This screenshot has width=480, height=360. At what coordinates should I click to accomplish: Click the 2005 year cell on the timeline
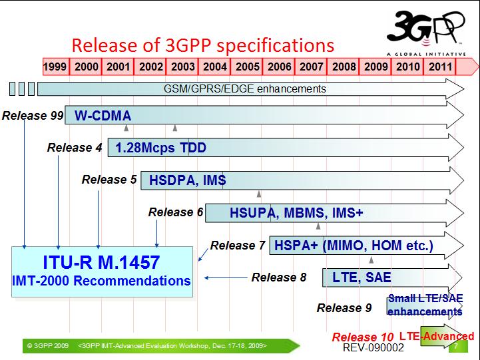pyautogui.click(x=247, y=67)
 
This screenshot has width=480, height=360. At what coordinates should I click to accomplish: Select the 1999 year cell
pyautogui.click(x=56, y=67)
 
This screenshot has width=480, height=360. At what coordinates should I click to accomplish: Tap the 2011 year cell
pyautogui.click(x=439, y=67)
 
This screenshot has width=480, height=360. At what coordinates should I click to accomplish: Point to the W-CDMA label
pyautogui.click(x=103, y=116)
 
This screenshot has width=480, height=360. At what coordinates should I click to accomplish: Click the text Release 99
pyautogui.click(x=33, y=116)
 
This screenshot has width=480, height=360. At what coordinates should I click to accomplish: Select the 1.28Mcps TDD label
pyautogui.click(x=160, y=148)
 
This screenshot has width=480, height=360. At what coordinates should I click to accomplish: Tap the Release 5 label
pyautogui.click(x=109, y=180)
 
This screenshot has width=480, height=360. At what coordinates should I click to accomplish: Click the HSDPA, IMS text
pyautogui.click(x=187, y=180)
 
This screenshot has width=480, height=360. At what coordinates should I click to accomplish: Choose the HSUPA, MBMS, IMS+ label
pyautogui.click(x=296, y=212)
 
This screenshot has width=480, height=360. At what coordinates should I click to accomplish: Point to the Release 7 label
pyautogui.click(x=238, y=246)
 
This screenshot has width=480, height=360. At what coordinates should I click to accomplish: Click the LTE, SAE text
pyautogui.click(x=361, y=277)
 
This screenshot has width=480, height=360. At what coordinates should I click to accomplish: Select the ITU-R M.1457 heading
pyautogui.click(x=101, y=262)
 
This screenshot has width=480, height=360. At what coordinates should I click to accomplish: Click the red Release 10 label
pyautogui.click(x=362, y=337)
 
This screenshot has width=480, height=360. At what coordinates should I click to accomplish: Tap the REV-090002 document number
pyautogui.click(x=373, y=348)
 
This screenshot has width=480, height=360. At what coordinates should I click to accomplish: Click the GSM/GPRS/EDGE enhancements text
pyautogui.click(x=245, y=89)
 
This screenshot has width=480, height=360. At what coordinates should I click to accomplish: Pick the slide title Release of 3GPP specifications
pyautogui.click(x=202, y=45)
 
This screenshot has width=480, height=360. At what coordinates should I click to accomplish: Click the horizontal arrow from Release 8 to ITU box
pyautogui.click(x=226, y=277)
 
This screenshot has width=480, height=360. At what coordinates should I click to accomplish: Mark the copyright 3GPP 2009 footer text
pyautogui.click(x=48, y=346)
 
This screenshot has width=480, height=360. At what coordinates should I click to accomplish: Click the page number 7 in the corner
pyautogui.click(x=456, y=346)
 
